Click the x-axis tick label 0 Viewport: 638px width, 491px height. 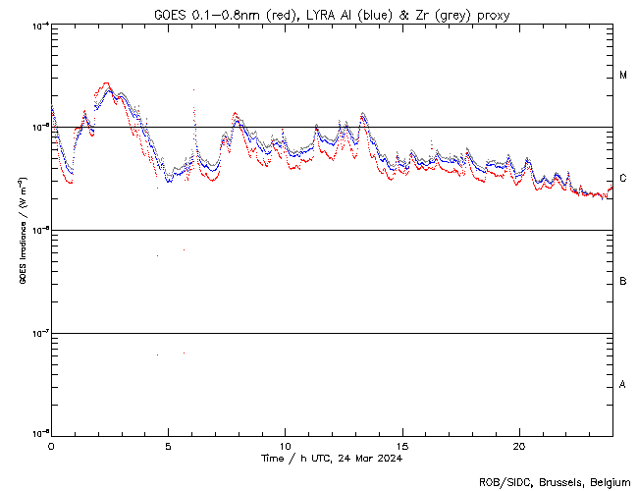coord(51,445)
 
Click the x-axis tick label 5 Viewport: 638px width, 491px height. coord(168,445)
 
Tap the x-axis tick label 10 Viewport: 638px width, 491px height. coord(285,445)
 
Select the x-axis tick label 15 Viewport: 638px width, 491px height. coord(402,445)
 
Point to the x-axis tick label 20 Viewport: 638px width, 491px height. coord(519,445)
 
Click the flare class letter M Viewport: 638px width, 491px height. coord(623,76)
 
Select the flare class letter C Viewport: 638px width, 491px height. coord(623,179)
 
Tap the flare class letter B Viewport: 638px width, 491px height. coord(623,282)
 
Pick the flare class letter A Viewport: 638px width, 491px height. coord(623,385)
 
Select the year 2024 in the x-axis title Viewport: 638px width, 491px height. coord(389,459)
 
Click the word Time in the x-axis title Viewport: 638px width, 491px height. coord(273,459)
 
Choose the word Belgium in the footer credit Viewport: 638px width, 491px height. coord(607,481)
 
